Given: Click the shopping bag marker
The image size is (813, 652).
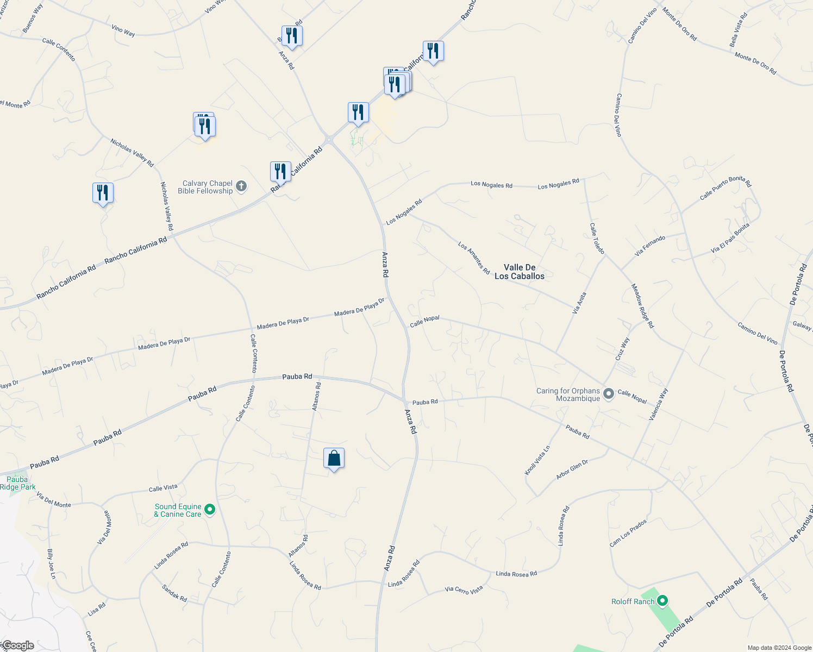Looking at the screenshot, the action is pos(334,459).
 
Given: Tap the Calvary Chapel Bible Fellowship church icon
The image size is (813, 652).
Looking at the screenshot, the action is pos(242,187).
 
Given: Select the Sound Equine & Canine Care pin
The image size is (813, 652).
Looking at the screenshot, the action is pos(210,510).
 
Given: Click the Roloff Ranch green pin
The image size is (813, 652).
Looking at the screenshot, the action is pos(662,601).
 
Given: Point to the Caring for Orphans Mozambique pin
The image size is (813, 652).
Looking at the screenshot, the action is pos(609,394).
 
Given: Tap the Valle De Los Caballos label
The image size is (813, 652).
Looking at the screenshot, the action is pos(520,272).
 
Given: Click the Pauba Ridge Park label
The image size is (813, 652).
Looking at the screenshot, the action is pos(17,483).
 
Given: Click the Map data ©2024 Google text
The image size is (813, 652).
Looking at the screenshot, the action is pos(779,648).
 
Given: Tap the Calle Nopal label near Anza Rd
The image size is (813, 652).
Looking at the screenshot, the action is pos(424,321).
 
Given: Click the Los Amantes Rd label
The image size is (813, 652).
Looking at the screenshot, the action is pos(474,258).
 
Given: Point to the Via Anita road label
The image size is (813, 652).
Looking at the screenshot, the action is pos(580,303).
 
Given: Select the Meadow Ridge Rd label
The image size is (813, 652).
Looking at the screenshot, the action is pos(642,306).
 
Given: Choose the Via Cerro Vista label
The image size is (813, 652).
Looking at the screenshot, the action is pos(464,590).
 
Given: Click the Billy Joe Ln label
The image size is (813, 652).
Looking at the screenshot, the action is pos(51,564).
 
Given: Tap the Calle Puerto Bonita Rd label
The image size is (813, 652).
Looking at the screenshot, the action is pos(725,188).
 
